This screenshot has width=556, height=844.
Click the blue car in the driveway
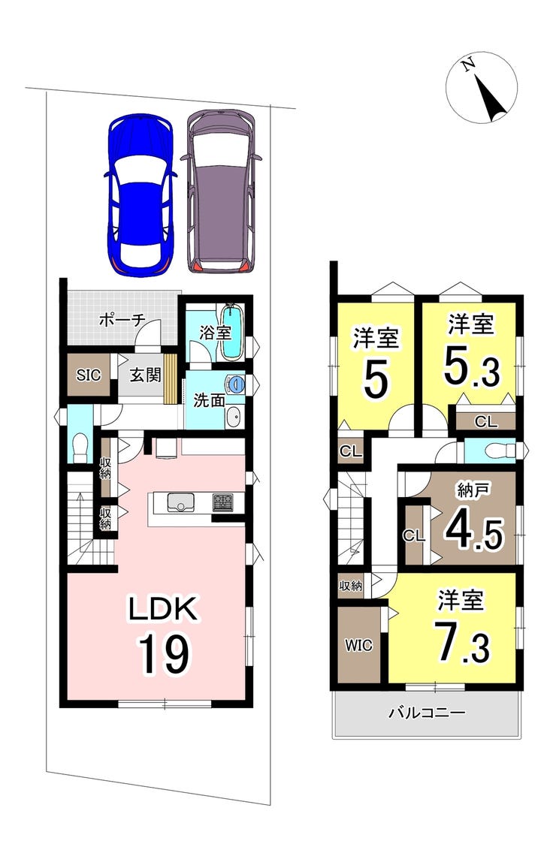(x=140, y=194)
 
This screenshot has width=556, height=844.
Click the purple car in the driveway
(x=221, y=191)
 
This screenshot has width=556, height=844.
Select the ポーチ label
(x=122, y=320)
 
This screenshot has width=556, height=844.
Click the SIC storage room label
(x=89, y=375)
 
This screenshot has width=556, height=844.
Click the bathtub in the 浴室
(x=232, y=332)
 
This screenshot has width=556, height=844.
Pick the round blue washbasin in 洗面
(x=236, y=383)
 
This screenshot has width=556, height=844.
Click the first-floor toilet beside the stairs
(x=80, y=448)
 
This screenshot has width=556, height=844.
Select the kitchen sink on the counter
(x=178, y=503)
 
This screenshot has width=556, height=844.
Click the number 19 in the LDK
(x=165, y=653)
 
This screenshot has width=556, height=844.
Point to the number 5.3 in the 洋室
(x=472, y=367)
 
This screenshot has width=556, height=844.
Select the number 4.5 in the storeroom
(x=474, y=533)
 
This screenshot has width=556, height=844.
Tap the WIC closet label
(x=358, y=644)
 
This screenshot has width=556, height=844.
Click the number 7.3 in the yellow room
(x=463, y=645)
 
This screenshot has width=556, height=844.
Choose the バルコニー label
(x=427, y=713)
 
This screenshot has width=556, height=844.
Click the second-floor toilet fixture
(x=498, y=450)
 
